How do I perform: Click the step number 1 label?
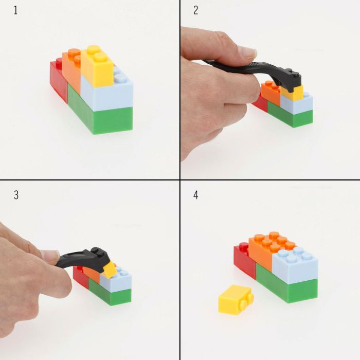tap(15, 11)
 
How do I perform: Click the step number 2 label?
tap(195, 11)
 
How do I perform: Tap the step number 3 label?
tap(15, 195)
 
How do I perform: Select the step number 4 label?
tap(195, 195)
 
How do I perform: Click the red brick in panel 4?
tap(244, 260)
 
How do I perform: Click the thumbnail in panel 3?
tap(49, 255)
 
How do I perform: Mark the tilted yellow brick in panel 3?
tap(110, 268)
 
